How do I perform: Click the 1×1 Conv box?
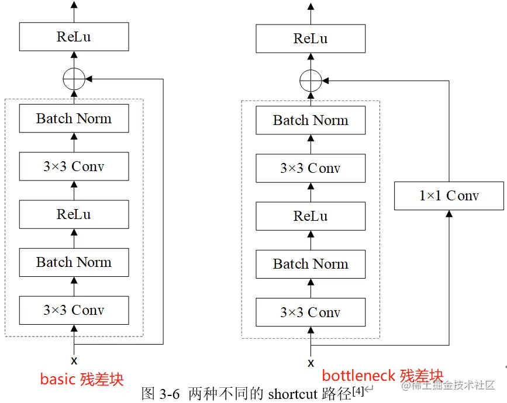[449, 196]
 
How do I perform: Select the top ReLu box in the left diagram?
[74, 37]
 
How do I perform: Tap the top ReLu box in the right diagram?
[311, 39]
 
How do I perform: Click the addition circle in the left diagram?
[74, 78]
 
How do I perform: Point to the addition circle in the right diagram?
[311, 80]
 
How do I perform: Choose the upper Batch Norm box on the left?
[74, 119]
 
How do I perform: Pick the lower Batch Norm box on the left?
[74, 262]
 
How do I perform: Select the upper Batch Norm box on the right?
[311, 120]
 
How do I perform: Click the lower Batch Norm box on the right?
[311, 264]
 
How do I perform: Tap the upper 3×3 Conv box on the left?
[74, 166]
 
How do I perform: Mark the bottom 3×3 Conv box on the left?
[74, 310]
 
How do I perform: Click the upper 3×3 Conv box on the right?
[311, 168]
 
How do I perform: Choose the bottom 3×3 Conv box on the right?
[311, 312]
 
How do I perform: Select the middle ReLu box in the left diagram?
[74, 214]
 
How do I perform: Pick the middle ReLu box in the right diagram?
[311, 216]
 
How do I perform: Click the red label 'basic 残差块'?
[82, 378]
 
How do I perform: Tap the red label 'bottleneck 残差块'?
[382, 376]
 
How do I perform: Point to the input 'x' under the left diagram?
[74, 360]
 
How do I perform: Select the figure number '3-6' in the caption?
[171, 394]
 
